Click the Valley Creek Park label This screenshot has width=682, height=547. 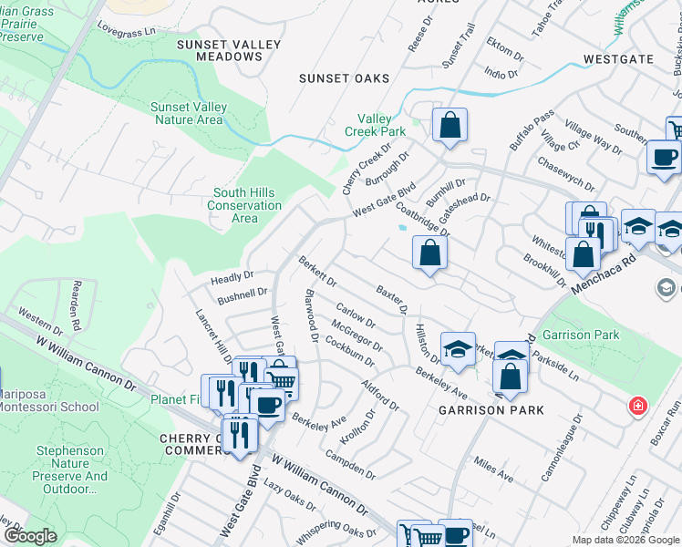pos(380,125)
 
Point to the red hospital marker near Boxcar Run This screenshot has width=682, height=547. pos(637,404)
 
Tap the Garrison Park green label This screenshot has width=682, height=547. pos(580,335)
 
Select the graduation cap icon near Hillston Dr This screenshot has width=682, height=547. pos(458,348)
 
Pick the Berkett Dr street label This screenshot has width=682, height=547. pos(318,270)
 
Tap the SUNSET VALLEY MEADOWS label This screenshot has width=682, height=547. pos(220,50)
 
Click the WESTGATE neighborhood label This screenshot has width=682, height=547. pos(618,59)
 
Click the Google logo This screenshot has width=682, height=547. pos(30,536)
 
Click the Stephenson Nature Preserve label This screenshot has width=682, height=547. pos(71,470)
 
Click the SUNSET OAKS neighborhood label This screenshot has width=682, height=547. pos(344,78)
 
